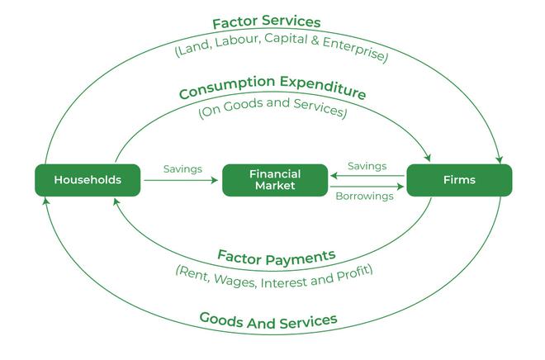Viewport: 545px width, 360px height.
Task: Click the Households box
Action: pyautogui.click(x=88, y=180)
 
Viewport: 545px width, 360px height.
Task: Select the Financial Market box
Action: pyautogui.click(x=275, y=180)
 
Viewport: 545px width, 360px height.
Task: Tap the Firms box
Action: pyautogui.click(x=459, y=180)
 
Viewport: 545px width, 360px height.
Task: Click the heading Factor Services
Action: pyautogui.click(x=266, y=23)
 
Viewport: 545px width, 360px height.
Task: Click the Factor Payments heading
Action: pyautogui.click(x=276, y=256)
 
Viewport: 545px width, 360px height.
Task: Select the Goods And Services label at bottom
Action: pyautogui.click(x=268, y=320)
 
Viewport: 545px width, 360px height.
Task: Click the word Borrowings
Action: pyautogui.click(x=364, y=197)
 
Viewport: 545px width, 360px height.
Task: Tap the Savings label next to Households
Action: pyautogui.click(x=182, y=169)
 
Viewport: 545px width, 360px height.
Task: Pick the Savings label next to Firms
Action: pyautogui.click(x=367, y=166)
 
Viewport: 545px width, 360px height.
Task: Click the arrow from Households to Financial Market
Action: pyautogui.click(x=182, y=180)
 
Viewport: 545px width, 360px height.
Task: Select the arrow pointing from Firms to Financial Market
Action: pyautogui.click(x=367, y=175)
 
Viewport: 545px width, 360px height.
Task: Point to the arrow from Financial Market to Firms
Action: pyautogui.click(x=367, y=187)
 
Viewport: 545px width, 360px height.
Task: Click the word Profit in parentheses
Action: pyautogui.click(x=350, y=270)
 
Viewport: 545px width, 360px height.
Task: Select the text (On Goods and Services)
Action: pyautogui.click(x=272, y=109)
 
